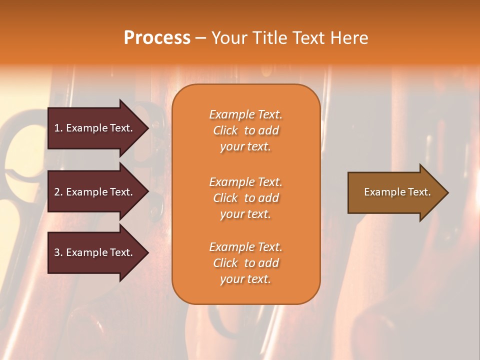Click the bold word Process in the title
pyautogui.click(x=157, y=38)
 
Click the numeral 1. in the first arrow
pyautogui.click(x=58, y=128)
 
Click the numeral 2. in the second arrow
pyautogui.click(x=58, y=192)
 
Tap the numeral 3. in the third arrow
pyautogui.click(x=58, y=252)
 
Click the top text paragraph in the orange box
pyautogui.click(x=245, y=130)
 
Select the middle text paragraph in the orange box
pyautogui.click(x=245, y=198)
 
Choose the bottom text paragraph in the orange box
pyautogui.click(x=245, y=263)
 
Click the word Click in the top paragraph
pyautogui.click(x=225, y=130)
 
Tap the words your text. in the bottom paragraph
pyautogui.click(x=245, y=279)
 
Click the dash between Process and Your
pyautogui.click(x=200, y=38)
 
